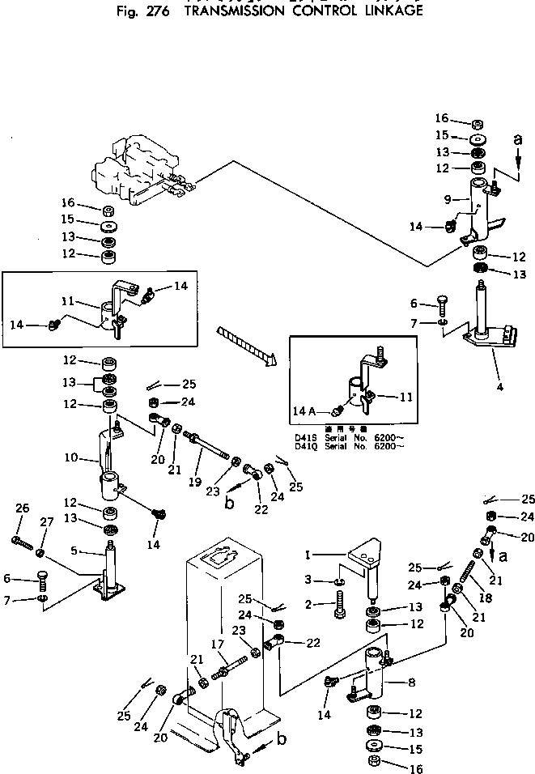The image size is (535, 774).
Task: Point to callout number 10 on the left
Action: (72, 458)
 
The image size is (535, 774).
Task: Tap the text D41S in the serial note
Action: (304, 436)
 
